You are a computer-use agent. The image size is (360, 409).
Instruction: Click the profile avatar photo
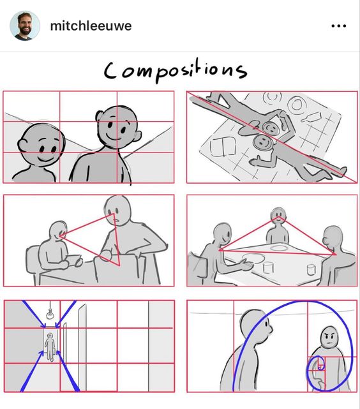click(x=25, y=26)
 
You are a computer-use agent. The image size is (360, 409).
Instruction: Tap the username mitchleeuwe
click(x=91, y=26)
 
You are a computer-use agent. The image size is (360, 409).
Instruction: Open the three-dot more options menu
click(x=338, y=26)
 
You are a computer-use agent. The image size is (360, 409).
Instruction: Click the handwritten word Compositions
click(x=176, y=71)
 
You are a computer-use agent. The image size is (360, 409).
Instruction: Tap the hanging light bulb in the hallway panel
click(x=50, y=314)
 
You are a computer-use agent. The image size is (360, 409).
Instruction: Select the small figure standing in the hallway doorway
click(x=50, y=346)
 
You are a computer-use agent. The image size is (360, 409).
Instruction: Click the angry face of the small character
click(x=329, y=337)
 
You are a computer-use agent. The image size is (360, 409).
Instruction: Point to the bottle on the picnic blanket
click(x=311, y=117)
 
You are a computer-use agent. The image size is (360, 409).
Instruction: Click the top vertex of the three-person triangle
click(x=278, y=217)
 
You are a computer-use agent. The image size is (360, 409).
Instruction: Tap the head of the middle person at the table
click(x=278, y=216)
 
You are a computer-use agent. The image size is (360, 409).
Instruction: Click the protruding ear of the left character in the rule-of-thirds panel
click(x=22, y=145)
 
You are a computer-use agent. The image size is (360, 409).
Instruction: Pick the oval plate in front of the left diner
click(x=253, y=258)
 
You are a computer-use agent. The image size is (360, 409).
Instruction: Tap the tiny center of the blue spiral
click(x=320, y=368)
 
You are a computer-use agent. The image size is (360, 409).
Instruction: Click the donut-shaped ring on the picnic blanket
click(x=297, y=105)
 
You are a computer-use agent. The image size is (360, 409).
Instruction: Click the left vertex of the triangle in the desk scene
click(x=60, y=236)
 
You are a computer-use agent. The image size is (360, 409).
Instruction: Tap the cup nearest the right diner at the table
click(x=311, y=270)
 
